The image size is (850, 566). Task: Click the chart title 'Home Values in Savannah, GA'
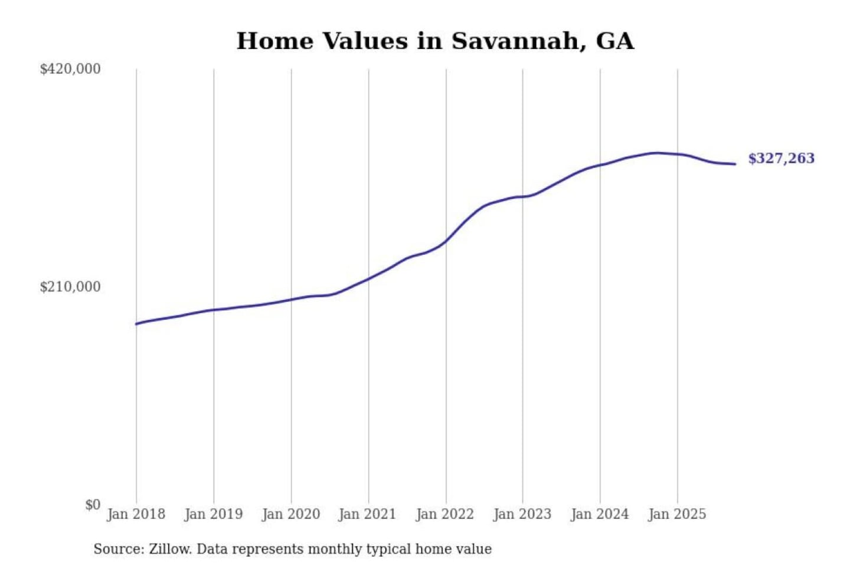point(435,41)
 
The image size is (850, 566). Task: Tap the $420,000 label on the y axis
point(70,69)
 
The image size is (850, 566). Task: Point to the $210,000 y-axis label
point(70,287)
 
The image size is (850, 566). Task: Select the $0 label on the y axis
point(93,505)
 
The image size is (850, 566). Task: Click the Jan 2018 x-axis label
point(136,514)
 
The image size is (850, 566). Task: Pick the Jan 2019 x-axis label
point(213,514)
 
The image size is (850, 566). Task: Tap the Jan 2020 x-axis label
point(290,514)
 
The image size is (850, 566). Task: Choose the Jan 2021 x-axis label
point(367,514)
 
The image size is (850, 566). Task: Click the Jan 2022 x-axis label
point(444,514)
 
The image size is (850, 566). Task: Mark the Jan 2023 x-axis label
point(522,514)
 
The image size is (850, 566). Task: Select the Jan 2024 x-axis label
point(599,514)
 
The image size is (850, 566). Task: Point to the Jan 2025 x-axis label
point(676,514)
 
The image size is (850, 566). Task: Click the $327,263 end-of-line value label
point(781,159)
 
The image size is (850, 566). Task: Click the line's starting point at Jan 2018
point(136,324)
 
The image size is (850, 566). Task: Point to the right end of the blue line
point(735,164)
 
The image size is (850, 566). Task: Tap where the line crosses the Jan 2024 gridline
point(600,165)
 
